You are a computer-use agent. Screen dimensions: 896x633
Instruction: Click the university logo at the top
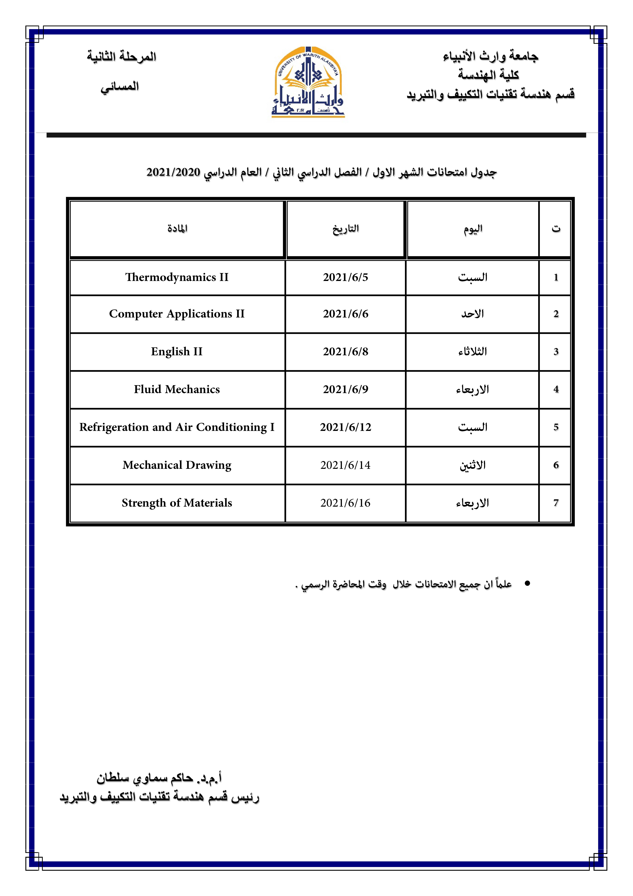(308, 82)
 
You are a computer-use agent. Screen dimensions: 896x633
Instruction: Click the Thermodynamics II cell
(177, 277)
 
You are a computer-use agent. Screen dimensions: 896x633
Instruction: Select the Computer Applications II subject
(177, 314)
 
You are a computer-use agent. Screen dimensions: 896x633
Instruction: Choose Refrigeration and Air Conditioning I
(177, 427)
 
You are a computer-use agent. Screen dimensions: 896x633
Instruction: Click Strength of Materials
(177, 503)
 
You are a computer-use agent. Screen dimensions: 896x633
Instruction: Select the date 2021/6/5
(346, 277)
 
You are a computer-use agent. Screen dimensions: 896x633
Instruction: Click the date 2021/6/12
(346, 427)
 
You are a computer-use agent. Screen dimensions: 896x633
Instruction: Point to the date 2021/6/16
(346, 503)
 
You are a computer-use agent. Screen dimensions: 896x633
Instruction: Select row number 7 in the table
(556, 503)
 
